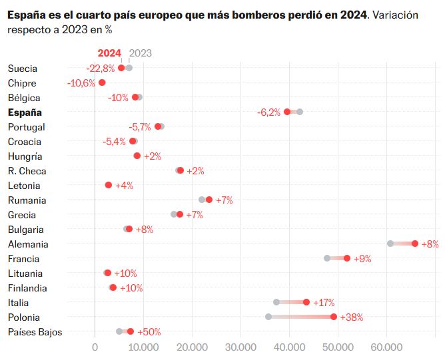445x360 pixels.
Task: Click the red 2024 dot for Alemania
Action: (x=415, y=244)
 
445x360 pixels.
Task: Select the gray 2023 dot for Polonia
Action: (x=268, y=317)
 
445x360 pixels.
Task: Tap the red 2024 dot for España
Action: (x=287, y=112)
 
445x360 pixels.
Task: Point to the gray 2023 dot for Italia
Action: (x=276, y=302)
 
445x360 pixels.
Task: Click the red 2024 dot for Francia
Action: (x=347, y=258)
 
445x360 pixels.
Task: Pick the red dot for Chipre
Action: (x=102, y=83)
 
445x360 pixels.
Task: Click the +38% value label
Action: (x=351, y=317)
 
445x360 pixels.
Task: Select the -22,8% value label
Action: (x=101, y=68)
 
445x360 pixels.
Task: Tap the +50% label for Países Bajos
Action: (x=149, y=332)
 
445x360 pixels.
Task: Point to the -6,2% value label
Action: (x=268, y=112)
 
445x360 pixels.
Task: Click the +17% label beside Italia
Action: (x=323, y=303)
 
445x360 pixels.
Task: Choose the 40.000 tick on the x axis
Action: (x=289, y=346)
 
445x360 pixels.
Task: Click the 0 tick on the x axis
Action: (x=95, y=346)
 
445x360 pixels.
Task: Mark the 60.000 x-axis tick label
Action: (x=386, y=346)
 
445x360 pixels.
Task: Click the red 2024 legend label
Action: (x=109, y=53)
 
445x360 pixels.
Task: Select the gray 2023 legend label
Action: (x=140, y=53)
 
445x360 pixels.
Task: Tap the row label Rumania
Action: (x=27, y=200)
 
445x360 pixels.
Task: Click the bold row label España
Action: (x=25, y=112)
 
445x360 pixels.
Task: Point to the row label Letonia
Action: (x=24, y=186)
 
